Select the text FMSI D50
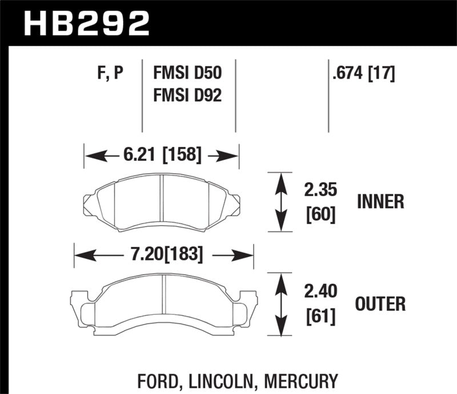pos(187,74)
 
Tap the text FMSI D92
pos(187,95)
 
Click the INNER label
pos(381,201)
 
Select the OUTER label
pos(380,304)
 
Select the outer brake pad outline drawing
pos(163,299)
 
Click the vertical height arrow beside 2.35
pos(280,202)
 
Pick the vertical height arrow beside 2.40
pos(280,304)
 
